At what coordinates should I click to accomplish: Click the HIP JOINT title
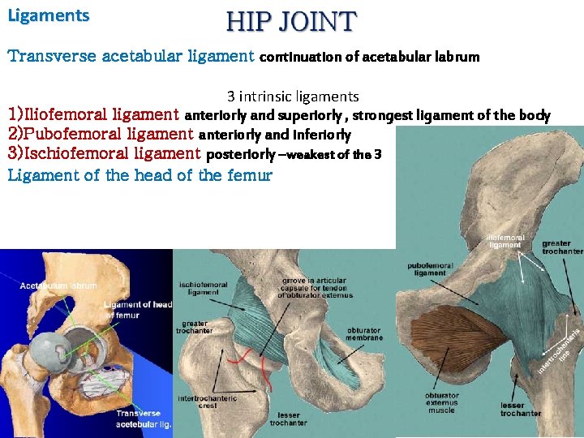291,21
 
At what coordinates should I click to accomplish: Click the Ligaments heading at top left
49,15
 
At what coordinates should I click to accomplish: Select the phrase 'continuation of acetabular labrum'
369,57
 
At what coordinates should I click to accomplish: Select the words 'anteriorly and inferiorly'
274,135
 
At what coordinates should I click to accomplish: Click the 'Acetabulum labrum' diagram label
58,286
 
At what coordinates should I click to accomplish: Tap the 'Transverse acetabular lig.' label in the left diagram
144,418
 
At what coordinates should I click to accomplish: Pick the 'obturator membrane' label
364,334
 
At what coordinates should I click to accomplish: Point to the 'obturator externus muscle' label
441,403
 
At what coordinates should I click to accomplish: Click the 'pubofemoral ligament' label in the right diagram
430,268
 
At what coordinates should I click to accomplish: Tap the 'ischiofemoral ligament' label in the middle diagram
204,288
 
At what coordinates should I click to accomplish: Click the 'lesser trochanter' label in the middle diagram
288,419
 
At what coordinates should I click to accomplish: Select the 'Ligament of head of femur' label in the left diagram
138,310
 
